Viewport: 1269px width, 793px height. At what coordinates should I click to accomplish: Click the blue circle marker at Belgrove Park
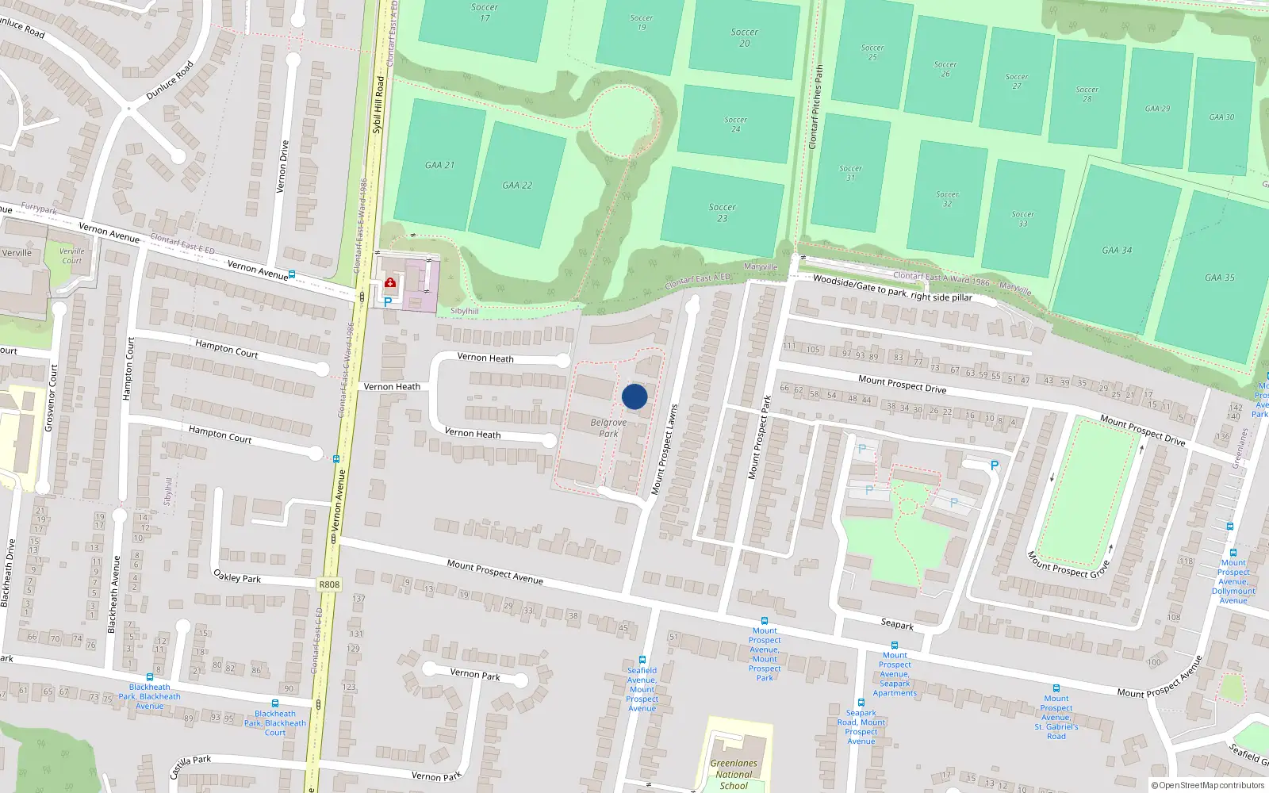click(x=634, y=396)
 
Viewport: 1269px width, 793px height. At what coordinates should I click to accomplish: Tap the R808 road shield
click(x=329, y=584)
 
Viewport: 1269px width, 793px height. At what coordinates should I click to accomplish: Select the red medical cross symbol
click(x=390, y=282)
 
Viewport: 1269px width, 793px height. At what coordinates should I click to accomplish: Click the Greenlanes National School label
click(x=734, y=774)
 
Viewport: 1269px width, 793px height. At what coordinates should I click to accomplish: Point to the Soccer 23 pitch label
click(x=722, y=213)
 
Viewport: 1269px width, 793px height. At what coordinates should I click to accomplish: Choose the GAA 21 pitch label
click(x=439, y=165)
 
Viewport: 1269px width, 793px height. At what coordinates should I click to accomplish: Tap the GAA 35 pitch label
click(x=1219, y=278)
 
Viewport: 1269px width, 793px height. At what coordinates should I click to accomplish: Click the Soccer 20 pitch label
click(x=744, y=37)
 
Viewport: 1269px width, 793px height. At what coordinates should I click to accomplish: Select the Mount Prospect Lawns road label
click(x=664, y=450)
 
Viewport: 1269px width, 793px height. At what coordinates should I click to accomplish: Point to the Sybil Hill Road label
click(x=378, y=104)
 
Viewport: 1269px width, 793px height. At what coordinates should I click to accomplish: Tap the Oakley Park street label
click(x=237, y=577)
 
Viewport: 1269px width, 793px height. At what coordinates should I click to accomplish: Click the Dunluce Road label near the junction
click(x=170, y=81)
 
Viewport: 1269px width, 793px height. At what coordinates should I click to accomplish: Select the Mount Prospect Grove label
click(x=1068, y=565)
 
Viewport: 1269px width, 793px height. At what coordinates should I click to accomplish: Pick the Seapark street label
click(x=897, y=625)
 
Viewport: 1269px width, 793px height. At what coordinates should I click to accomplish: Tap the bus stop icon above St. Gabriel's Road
click(x=1056, y=688)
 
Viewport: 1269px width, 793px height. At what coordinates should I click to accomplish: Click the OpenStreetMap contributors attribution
click(x=1208, y=785)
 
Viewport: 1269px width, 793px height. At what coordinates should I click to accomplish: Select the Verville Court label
click(x=72, y=255)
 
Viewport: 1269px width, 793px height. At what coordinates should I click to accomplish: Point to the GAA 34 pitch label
click(x=1117, y=250)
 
